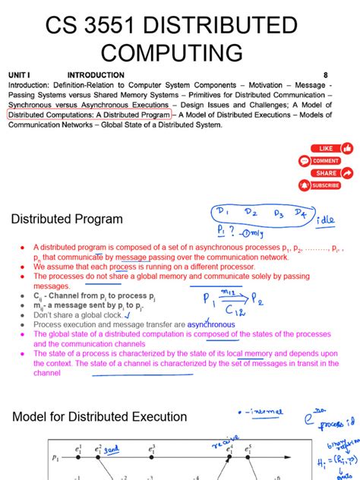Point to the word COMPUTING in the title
[x=172, y=53]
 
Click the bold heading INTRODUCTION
[x=96, y=75]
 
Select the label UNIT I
[x=19, y=75]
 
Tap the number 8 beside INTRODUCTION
[x=326, y=75]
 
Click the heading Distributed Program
[x=67, y=219]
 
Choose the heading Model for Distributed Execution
[x=99, y=417]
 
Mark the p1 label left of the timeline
[x=55, y=458]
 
